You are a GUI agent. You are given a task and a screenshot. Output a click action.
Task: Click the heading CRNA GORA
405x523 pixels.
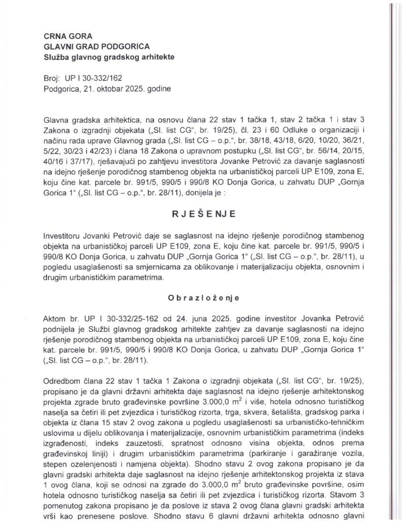coord(68,36)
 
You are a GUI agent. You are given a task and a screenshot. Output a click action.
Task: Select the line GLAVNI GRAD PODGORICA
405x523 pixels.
coord(97,46)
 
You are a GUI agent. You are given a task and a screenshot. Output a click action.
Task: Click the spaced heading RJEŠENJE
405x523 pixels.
coord(203,214)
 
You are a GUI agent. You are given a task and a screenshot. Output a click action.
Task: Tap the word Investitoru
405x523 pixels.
coord(62,235)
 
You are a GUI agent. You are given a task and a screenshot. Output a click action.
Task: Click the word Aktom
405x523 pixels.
coord(54,319)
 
